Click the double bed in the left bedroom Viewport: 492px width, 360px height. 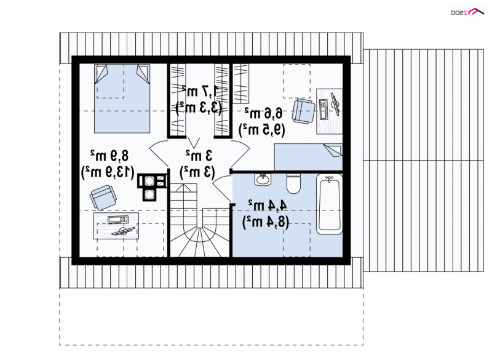point(122,98)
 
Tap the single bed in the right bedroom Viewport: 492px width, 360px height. point(308,157)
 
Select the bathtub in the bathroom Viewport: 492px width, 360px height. point(329,204)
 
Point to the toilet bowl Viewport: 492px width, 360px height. point(294,183)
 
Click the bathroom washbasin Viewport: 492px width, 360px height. point(263,180)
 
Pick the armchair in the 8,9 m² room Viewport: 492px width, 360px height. point(103,197)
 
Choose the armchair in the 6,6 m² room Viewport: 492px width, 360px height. point(303,111)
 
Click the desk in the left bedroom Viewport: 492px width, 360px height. point(116,226)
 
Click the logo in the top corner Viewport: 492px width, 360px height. point(467,12)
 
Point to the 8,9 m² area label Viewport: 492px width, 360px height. point(109,156)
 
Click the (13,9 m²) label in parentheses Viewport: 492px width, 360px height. point(108,172)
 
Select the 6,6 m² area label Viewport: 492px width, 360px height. point(264,113)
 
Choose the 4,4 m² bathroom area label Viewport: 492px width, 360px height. point(268,206)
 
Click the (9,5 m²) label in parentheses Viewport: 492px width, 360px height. point(262,130)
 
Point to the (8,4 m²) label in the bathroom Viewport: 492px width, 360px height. point(266,222)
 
